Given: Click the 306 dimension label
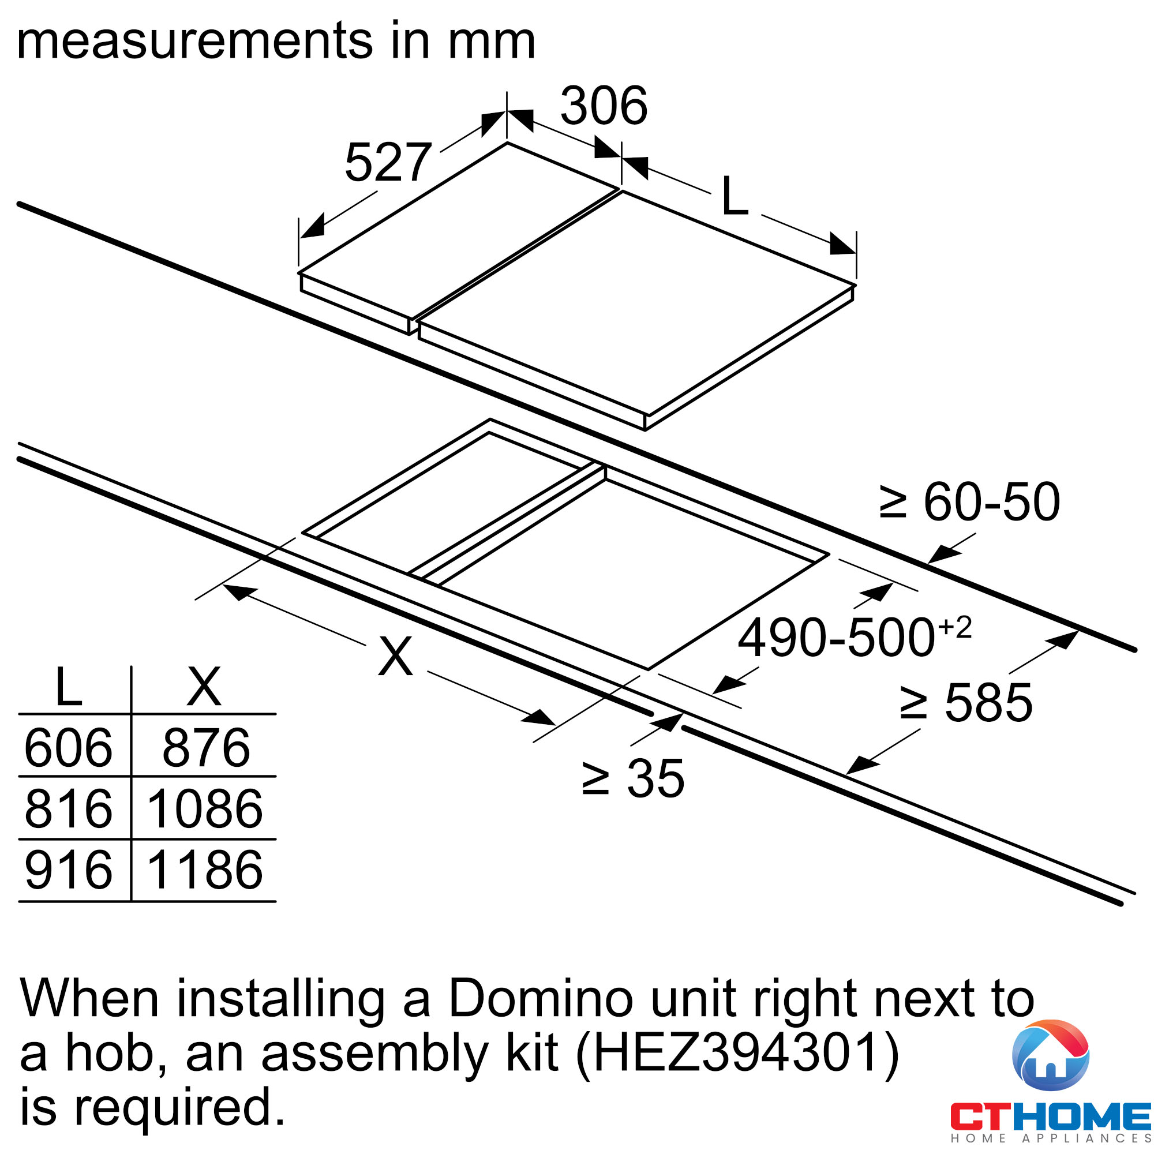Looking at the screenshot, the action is (604, 106).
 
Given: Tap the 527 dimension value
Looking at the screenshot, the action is (388, 162).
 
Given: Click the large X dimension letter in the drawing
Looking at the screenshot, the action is (395, 655).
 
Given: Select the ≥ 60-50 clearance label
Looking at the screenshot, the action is (969, 502).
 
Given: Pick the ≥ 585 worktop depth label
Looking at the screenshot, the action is (966, 703).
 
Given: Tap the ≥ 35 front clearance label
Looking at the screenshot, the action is (633, 778).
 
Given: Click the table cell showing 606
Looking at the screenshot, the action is (68, 747).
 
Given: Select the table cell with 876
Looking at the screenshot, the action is (206, 747).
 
